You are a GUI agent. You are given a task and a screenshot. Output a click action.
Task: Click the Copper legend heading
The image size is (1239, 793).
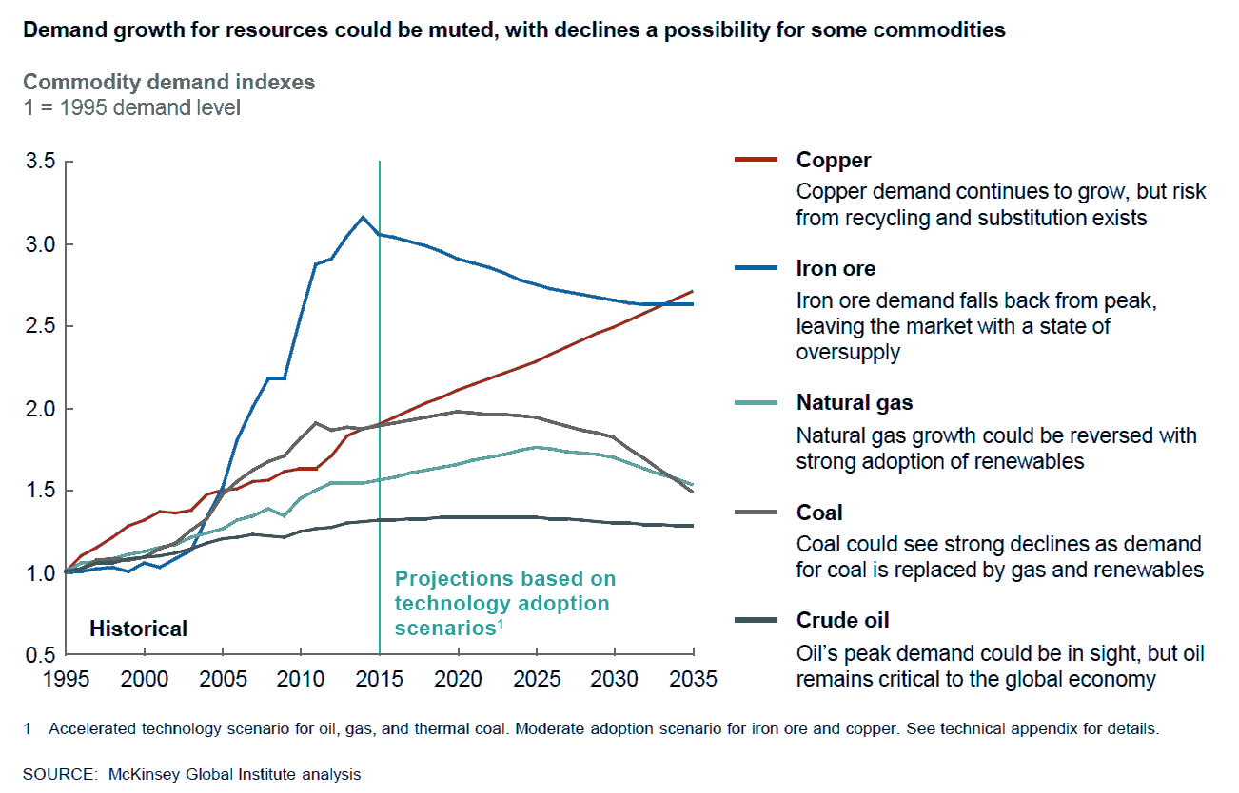[834, 161]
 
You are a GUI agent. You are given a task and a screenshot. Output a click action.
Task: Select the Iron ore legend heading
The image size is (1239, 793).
[836, 269]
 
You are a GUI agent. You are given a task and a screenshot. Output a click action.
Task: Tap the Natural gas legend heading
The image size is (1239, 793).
[855, 402]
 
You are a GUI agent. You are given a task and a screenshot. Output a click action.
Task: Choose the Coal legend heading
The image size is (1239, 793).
[819, 513]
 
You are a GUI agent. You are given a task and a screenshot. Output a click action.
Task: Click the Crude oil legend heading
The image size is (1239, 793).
[842, 621]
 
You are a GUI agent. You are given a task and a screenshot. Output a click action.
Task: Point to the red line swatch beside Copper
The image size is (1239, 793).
[757, 161]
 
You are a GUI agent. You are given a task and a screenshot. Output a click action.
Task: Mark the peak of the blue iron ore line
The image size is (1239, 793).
[362, 217]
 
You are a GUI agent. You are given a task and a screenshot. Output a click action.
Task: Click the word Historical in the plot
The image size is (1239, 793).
[138, 629]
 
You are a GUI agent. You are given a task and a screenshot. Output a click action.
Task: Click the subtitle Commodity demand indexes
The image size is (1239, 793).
[168, 83]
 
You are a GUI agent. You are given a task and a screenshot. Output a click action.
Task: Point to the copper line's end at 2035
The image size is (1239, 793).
[693, 291]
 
